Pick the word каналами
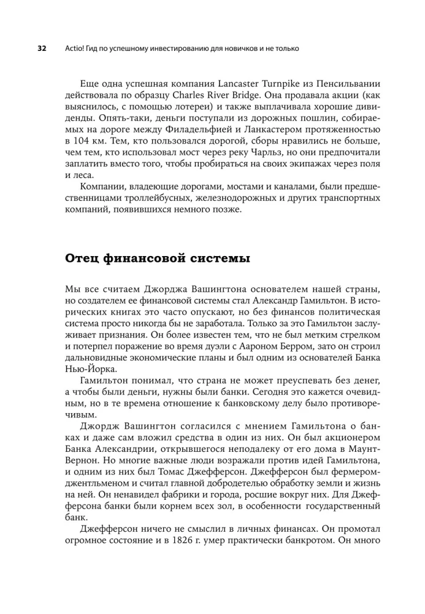pos(282,186)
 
